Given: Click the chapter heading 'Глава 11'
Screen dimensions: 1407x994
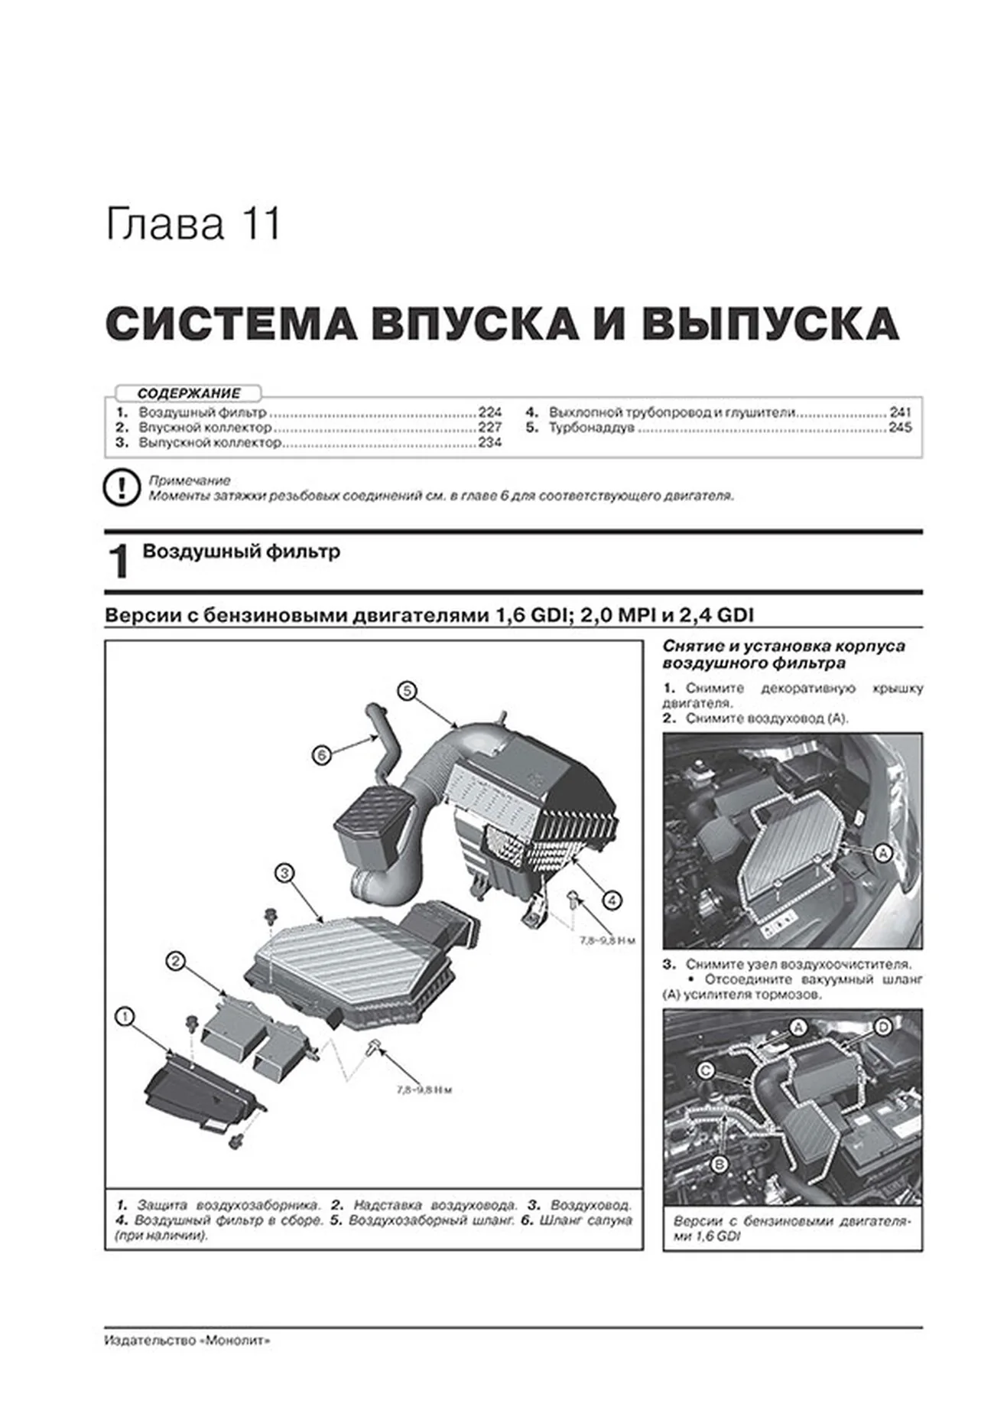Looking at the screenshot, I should (x=193, y=225).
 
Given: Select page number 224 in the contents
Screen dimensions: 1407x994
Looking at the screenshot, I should (x=489, y=412).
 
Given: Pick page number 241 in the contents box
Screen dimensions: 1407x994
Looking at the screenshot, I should (x=900, y=412).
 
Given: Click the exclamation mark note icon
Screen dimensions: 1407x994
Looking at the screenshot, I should (x=121, y=488).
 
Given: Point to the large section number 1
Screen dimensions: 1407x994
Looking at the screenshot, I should (x=119, y=562).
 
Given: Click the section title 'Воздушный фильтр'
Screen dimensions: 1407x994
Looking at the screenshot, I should (x=242, y=552).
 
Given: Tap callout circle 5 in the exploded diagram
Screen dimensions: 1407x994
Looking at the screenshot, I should (x=407, y=691).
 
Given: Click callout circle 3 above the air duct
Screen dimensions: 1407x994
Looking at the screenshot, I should (x=283, y=872).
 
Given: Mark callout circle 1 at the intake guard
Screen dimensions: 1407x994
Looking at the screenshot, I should (x=125, y=1016).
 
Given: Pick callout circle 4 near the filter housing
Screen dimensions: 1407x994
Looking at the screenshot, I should (x=611, y=900).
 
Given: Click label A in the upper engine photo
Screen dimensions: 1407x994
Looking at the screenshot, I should (x=882, y=853).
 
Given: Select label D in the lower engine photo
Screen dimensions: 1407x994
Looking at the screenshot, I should (x=882, y=1027).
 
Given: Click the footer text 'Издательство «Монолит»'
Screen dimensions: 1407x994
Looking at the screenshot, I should (x=187, y=1340).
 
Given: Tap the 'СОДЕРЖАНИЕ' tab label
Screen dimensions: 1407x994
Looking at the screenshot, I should (x=188, y=393).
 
